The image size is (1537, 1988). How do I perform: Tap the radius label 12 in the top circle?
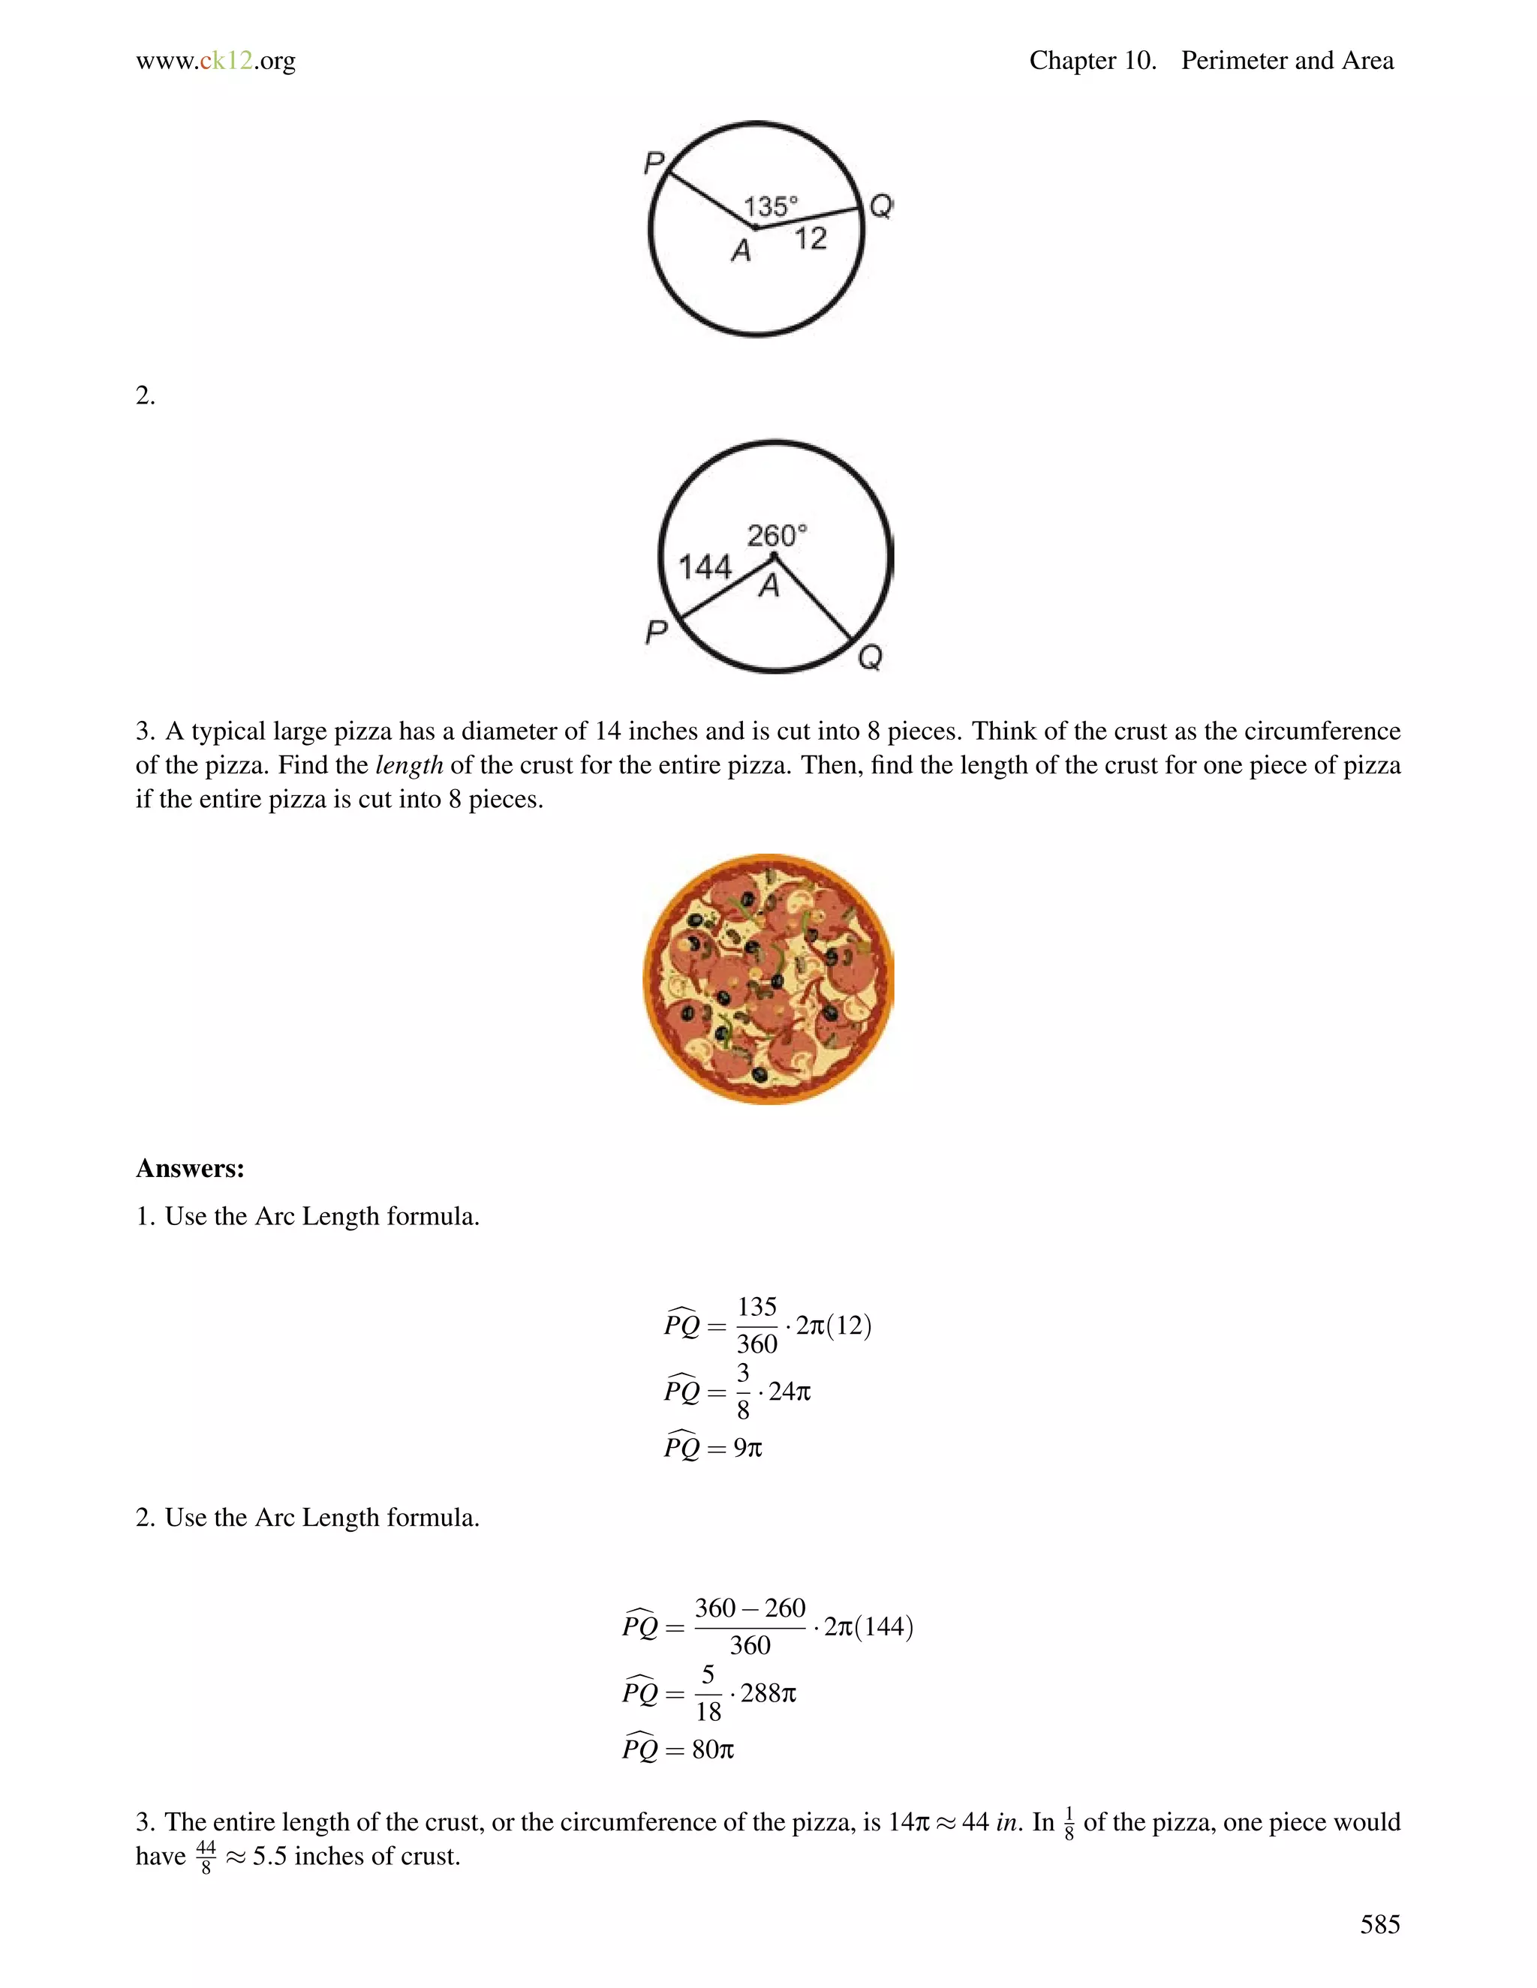click(x=810, y=239)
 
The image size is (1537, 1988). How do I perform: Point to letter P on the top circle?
click(x=654, y=164)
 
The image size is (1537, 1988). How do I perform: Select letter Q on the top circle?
click(x=880, y=206)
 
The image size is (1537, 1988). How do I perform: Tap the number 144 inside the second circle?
click(x=705, y=567)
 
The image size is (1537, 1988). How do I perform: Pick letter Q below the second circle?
click(x=870, y=656)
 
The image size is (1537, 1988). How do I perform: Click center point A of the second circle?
click(x=774, y=555)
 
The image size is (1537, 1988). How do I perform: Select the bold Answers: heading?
click(x=189, y=1169)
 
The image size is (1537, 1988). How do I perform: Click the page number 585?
click(x=1379, y=1924)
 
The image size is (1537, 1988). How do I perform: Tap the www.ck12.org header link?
click(x=216, y=61)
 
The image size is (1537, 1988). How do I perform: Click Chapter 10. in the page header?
click(x=1092, y=61)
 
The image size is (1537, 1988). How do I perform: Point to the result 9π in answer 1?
click(x=747, y=1447)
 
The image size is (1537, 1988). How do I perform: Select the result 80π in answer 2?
click(x=713, y=1749)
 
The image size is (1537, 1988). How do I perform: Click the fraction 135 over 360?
click(x=756, y=1326)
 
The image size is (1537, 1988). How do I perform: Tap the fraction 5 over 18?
click(x=708, y=1693)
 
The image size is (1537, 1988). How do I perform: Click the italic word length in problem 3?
click(x=409, y=765)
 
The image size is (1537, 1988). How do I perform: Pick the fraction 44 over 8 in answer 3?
click(x=206, y=1857)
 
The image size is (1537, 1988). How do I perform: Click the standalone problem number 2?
click(x=145, y=396)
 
